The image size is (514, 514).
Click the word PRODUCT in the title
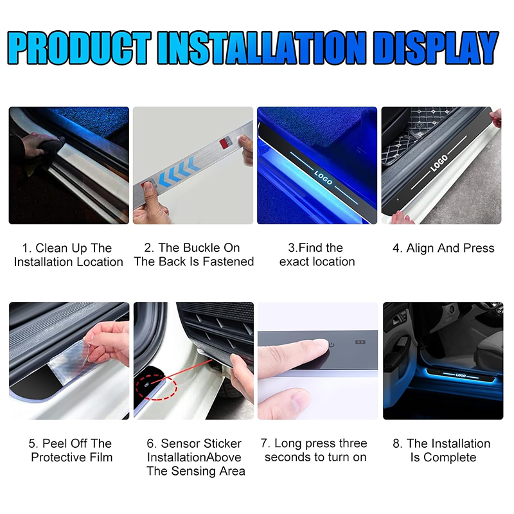[78, 48]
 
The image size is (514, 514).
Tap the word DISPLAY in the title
[436, 48]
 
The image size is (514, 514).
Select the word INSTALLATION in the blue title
[261, 48]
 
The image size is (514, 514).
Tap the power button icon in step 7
[332, 345]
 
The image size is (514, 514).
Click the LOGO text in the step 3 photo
[323, 177]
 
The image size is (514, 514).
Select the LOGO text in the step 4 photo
[439, 163]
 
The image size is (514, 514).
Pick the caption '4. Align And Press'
[443, 248]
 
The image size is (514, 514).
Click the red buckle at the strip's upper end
[224, 143]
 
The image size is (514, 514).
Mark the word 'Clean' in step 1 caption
[52, 248]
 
